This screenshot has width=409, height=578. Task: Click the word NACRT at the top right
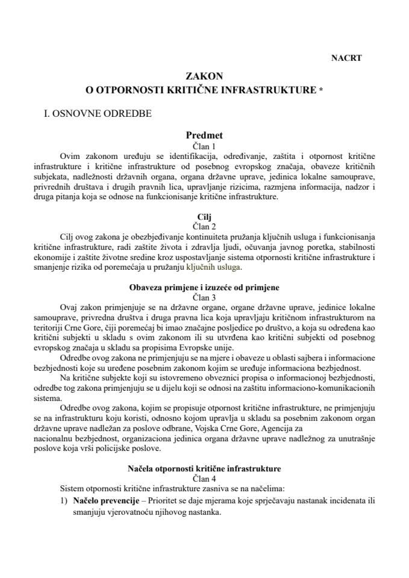[346, 58]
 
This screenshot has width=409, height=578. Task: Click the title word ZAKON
[204, 76]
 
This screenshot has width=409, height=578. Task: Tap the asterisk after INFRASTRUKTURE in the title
[321, 90]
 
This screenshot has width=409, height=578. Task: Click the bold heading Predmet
[204, 135]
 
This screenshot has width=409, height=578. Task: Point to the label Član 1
[204, 146]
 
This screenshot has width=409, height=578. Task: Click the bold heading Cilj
[204, 215]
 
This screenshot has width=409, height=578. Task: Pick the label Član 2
[204, 225]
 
